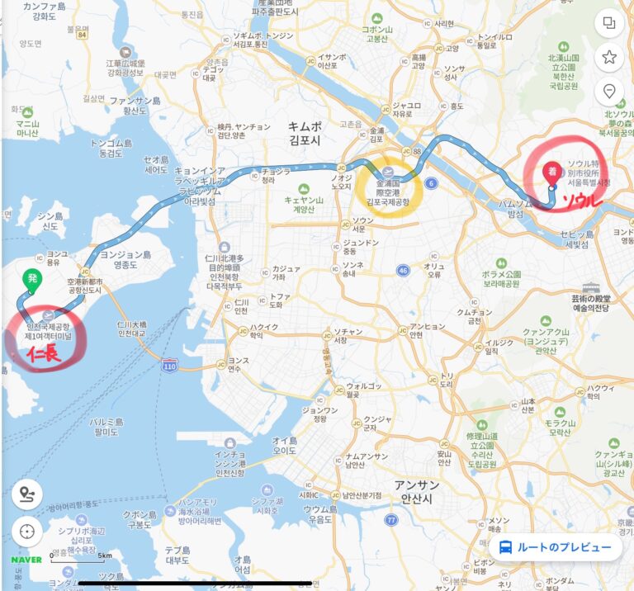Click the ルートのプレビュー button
click(x=556, y=546)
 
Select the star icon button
click(x=609, y=57)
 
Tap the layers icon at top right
click(x=609, y=23)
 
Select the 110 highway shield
click(x=170, y=365)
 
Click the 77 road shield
click(x=390, y=520)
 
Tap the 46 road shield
click(x=403, y=270)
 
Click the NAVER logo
click(x=26, y=559)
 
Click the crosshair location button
click(x=27, y=531)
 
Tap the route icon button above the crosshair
click(x=27, y=494)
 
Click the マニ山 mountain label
click(x=27, y=128)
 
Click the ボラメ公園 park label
click(x=500, y=277)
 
